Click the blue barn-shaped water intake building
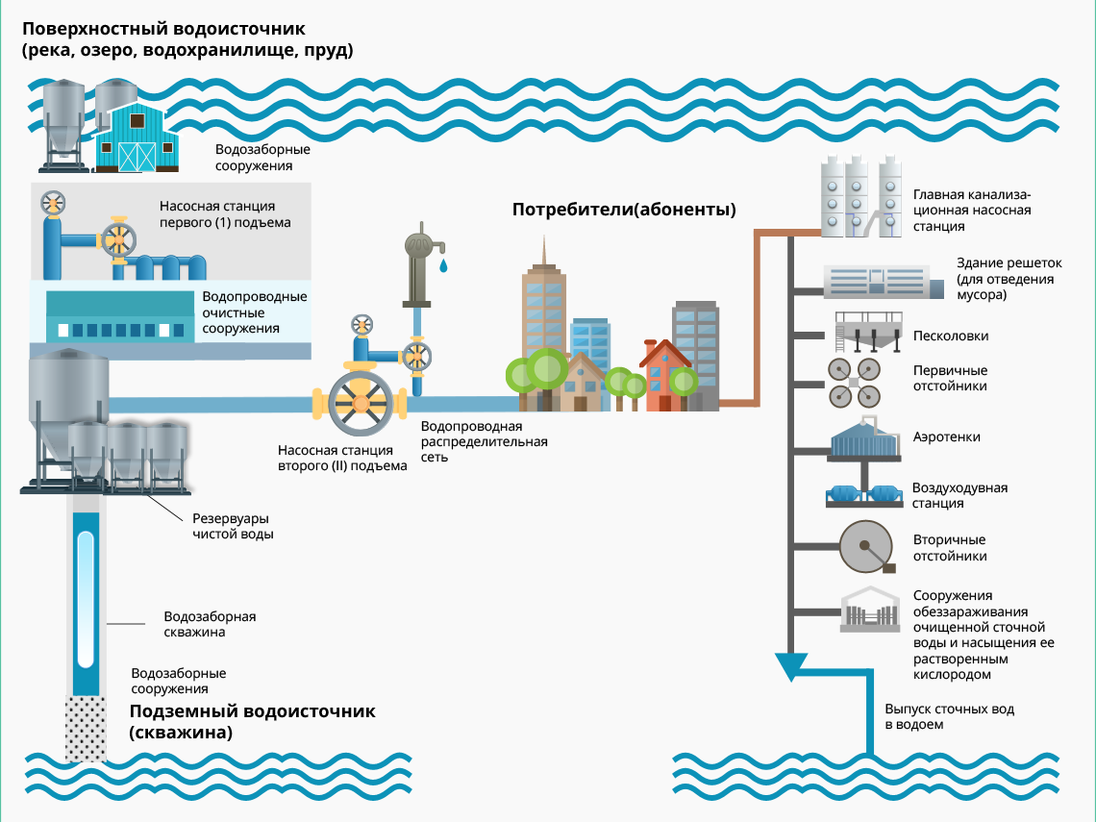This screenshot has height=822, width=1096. pos(137,137)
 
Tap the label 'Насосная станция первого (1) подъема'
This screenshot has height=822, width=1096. pos(224,214)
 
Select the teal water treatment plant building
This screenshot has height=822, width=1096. pos(119,316)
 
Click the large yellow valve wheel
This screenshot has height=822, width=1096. pos(361,404)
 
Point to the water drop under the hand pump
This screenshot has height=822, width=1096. pos(443,265)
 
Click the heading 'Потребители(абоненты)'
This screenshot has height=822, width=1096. pos(624,210)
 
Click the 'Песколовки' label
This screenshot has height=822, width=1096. pos(951,336)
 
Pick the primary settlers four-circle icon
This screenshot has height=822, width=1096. pos(854,383)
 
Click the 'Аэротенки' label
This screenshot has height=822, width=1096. pos(946,436)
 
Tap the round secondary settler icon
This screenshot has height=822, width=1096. pos(866,547)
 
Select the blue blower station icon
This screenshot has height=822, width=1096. pos(863,495)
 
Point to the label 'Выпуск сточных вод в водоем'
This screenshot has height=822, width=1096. pos(949,717)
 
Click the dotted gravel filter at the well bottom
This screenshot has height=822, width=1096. pos(86,728)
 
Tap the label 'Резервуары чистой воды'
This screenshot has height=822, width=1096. pos(233,526)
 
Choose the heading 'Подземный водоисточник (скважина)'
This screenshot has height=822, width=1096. pos(252,721)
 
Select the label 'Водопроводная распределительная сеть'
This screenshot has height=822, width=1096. pos(484,441)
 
